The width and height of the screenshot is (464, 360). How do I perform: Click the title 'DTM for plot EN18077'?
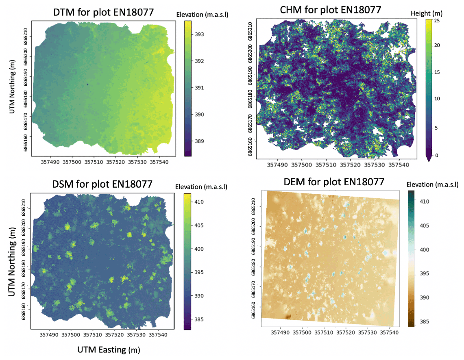pyautogui.click(x=104, y=12)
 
